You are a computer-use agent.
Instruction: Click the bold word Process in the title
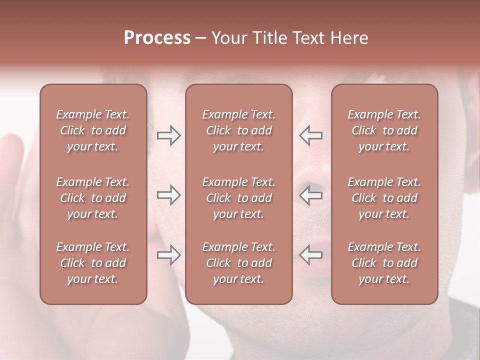(157, 38)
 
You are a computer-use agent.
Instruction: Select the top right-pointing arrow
(169, 135)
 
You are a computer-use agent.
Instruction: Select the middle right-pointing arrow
(169, 195)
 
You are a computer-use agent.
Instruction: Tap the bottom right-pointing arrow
(169, 255)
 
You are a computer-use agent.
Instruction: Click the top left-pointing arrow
(310, 135)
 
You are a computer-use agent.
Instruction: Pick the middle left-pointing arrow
(310, 195)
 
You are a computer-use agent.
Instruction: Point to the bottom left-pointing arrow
(310, 255)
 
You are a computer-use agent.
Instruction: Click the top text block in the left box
(93, 130)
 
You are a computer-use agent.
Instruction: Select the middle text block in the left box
(93, 198)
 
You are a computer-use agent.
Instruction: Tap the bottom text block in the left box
(93, 263)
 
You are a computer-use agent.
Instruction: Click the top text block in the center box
(238, 130)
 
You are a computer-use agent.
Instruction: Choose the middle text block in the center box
(238, 198)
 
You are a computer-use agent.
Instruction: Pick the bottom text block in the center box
(238, 263)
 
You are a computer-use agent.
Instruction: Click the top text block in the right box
(384, 130)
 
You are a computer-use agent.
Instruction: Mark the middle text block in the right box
(384, 198)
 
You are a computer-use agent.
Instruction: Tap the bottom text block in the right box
(384, 263)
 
